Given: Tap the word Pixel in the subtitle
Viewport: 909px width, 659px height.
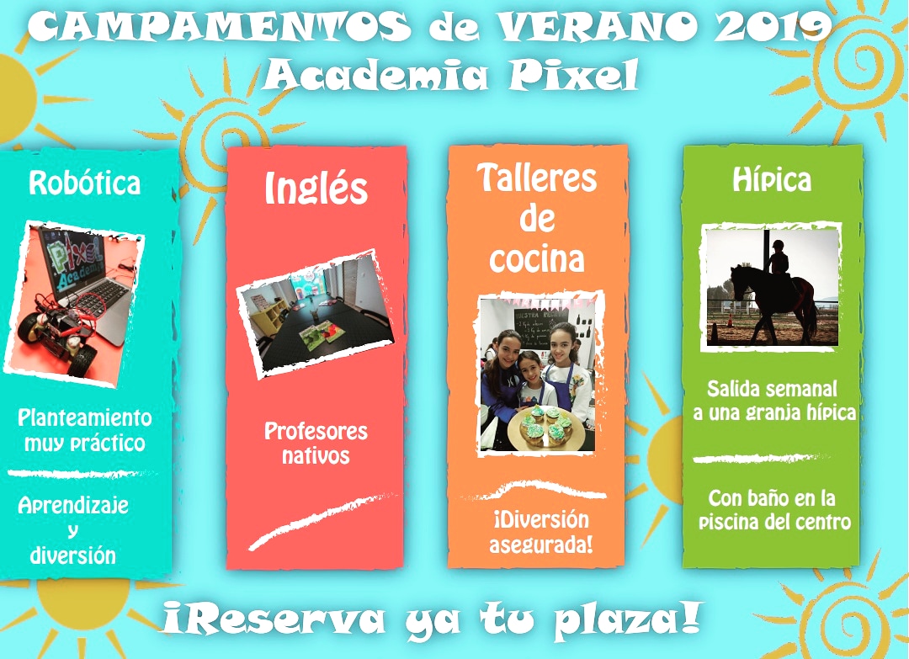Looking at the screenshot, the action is coord(574,74).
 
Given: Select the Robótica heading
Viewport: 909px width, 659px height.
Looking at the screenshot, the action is coord(85,183).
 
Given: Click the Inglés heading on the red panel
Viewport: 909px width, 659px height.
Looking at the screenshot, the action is coord(316,188).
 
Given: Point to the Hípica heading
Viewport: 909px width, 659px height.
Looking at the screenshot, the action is coord(772,179).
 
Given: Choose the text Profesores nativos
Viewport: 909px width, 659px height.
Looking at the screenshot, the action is coord(316,444).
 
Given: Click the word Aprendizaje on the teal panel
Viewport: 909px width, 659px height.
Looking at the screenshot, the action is coord(73,506).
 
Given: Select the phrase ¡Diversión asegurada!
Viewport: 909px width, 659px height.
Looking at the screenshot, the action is coord(541,532).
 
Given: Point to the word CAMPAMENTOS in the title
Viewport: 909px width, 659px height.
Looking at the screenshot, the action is coord(219,27).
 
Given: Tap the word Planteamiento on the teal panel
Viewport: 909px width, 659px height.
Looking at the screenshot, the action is coord(85,418).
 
